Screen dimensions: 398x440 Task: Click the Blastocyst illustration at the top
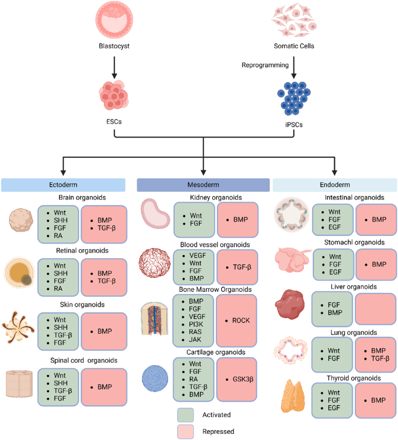[x=114, y=19]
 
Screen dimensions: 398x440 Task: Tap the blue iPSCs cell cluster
[x=294, y=98]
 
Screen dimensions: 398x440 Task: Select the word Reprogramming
[x=265, y=65]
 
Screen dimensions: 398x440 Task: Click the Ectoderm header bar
[x=63, y=185]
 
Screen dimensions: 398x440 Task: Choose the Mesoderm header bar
[x=203, y=185]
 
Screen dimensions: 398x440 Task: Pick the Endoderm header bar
[x=335, y=185]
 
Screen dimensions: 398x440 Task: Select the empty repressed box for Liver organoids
[x=376, y=309]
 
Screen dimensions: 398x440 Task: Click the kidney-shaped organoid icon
[x=156, y=214]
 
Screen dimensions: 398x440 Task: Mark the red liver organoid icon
[x=290, y=305]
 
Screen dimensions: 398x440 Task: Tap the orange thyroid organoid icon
[x=293, y=396]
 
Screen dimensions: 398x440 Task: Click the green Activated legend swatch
[x=186, y=415]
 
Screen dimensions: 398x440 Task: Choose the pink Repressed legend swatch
[x=186, y=432]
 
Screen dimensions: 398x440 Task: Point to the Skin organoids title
[x=82, y=305]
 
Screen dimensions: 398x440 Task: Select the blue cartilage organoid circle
[x=155, y=378]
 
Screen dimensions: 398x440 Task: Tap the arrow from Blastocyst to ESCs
[x=114, y=68]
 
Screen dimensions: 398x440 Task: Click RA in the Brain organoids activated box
[x=58, y=236]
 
